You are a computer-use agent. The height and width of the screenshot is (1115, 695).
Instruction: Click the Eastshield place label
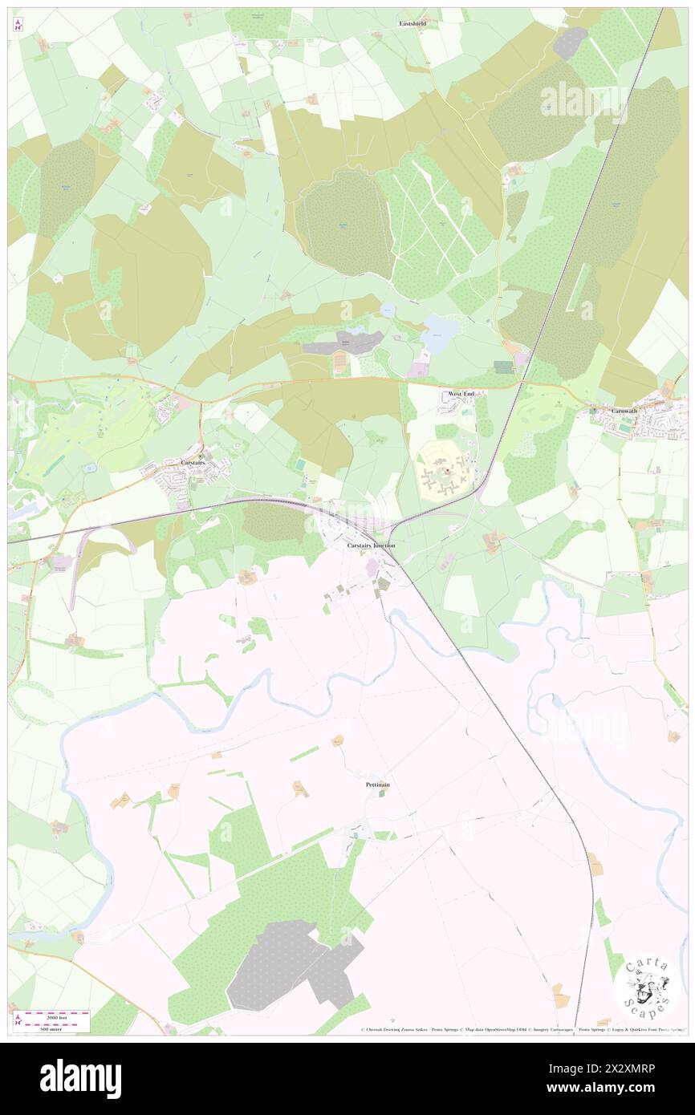pos(413,24)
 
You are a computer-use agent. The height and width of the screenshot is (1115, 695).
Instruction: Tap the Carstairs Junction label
pos(371,545)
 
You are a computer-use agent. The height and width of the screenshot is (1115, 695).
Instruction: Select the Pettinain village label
pos(377,784)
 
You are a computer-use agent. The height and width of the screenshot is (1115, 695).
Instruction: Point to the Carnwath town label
pos(624,411)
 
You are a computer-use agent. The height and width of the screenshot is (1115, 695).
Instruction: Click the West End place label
pos(461,395)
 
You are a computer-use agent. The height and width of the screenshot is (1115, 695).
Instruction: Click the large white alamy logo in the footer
pos(80,1079)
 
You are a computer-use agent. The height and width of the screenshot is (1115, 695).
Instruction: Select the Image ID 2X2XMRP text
pos(616,1068)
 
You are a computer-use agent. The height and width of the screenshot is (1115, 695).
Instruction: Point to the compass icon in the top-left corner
pos(18,26)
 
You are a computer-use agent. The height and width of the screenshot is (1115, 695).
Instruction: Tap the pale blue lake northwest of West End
pos(437,334)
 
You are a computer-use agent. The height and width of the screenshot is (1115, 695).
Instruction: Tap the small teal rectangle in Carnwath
pos(625,429)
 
